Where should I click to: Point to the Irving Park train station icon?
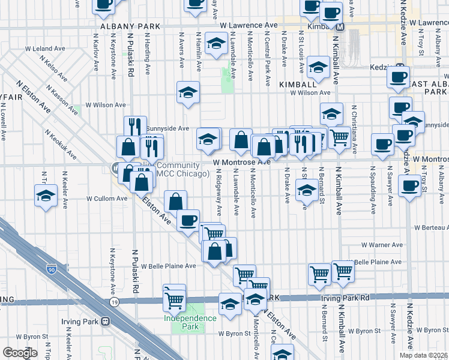107,321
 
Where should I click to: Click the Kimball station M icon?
340,27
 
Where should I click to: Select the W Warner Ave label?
382,245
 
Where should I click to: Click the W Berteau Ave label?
432,228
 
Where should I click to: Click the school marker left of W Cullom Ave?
46,196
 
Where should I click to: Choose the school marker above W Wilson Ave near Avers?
188,92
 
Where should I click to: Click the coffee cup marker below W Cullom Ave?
188,220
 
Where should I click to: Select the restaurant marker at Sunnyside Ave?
135,127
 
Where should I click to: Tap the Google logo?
20,353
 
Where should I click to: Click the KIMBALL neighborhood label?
294,85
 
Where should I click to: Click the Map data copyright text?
423,355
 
